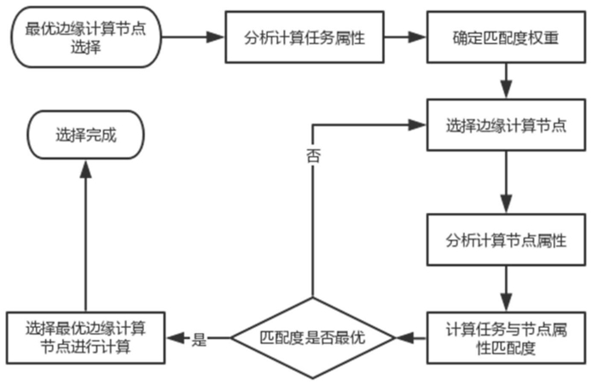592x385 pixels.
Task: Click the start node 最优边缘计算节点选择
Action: pos(86,37)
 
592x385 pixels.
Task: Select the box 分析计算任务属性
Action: pos(305,37)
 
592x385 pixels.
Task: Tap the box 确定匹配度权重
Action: pos(507,37)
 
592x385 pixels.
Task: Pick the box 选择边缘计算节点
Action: pos(507,125)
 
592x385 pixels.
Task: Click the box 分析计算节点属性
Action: pos(507,240)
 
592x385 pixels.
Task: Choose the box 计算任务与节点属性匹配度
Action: pos(507,338)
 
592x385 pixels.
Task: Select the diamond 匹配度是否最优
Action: pos(312,338)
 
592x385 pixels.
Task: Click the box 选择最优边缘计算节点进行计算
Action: pos(85,338)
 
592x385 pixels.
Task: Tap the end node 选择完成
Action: pos(86,135)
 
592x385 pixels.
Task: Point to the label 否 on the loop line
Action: pos(313,156)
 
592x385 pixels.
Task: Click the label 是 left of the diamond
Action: pos(200,339)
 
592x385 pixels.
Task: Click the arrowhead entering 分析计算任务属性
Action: pos(216,37)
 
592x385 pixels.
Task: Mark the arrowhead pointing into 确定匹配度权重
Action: pos(418,37)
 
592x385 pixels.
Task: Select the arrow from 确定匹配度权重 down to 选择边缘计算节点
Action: pos(507,81)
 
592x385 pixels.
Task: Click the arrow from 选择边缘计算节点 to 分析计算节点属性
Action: pos(507,182)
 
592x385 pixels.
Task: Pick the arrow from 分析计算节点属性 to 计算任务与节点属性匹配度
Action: pos(507,289)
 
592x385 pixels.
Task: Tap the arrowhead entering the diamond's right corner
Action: pos(404,338)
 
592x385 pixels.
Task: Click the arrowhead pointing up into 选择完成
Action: pos(86,169)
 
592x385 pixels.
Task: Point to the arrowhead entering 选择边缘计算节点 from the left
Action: pos(418,125)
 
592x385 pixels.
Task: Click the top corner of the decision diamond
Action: pos(312,297)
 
